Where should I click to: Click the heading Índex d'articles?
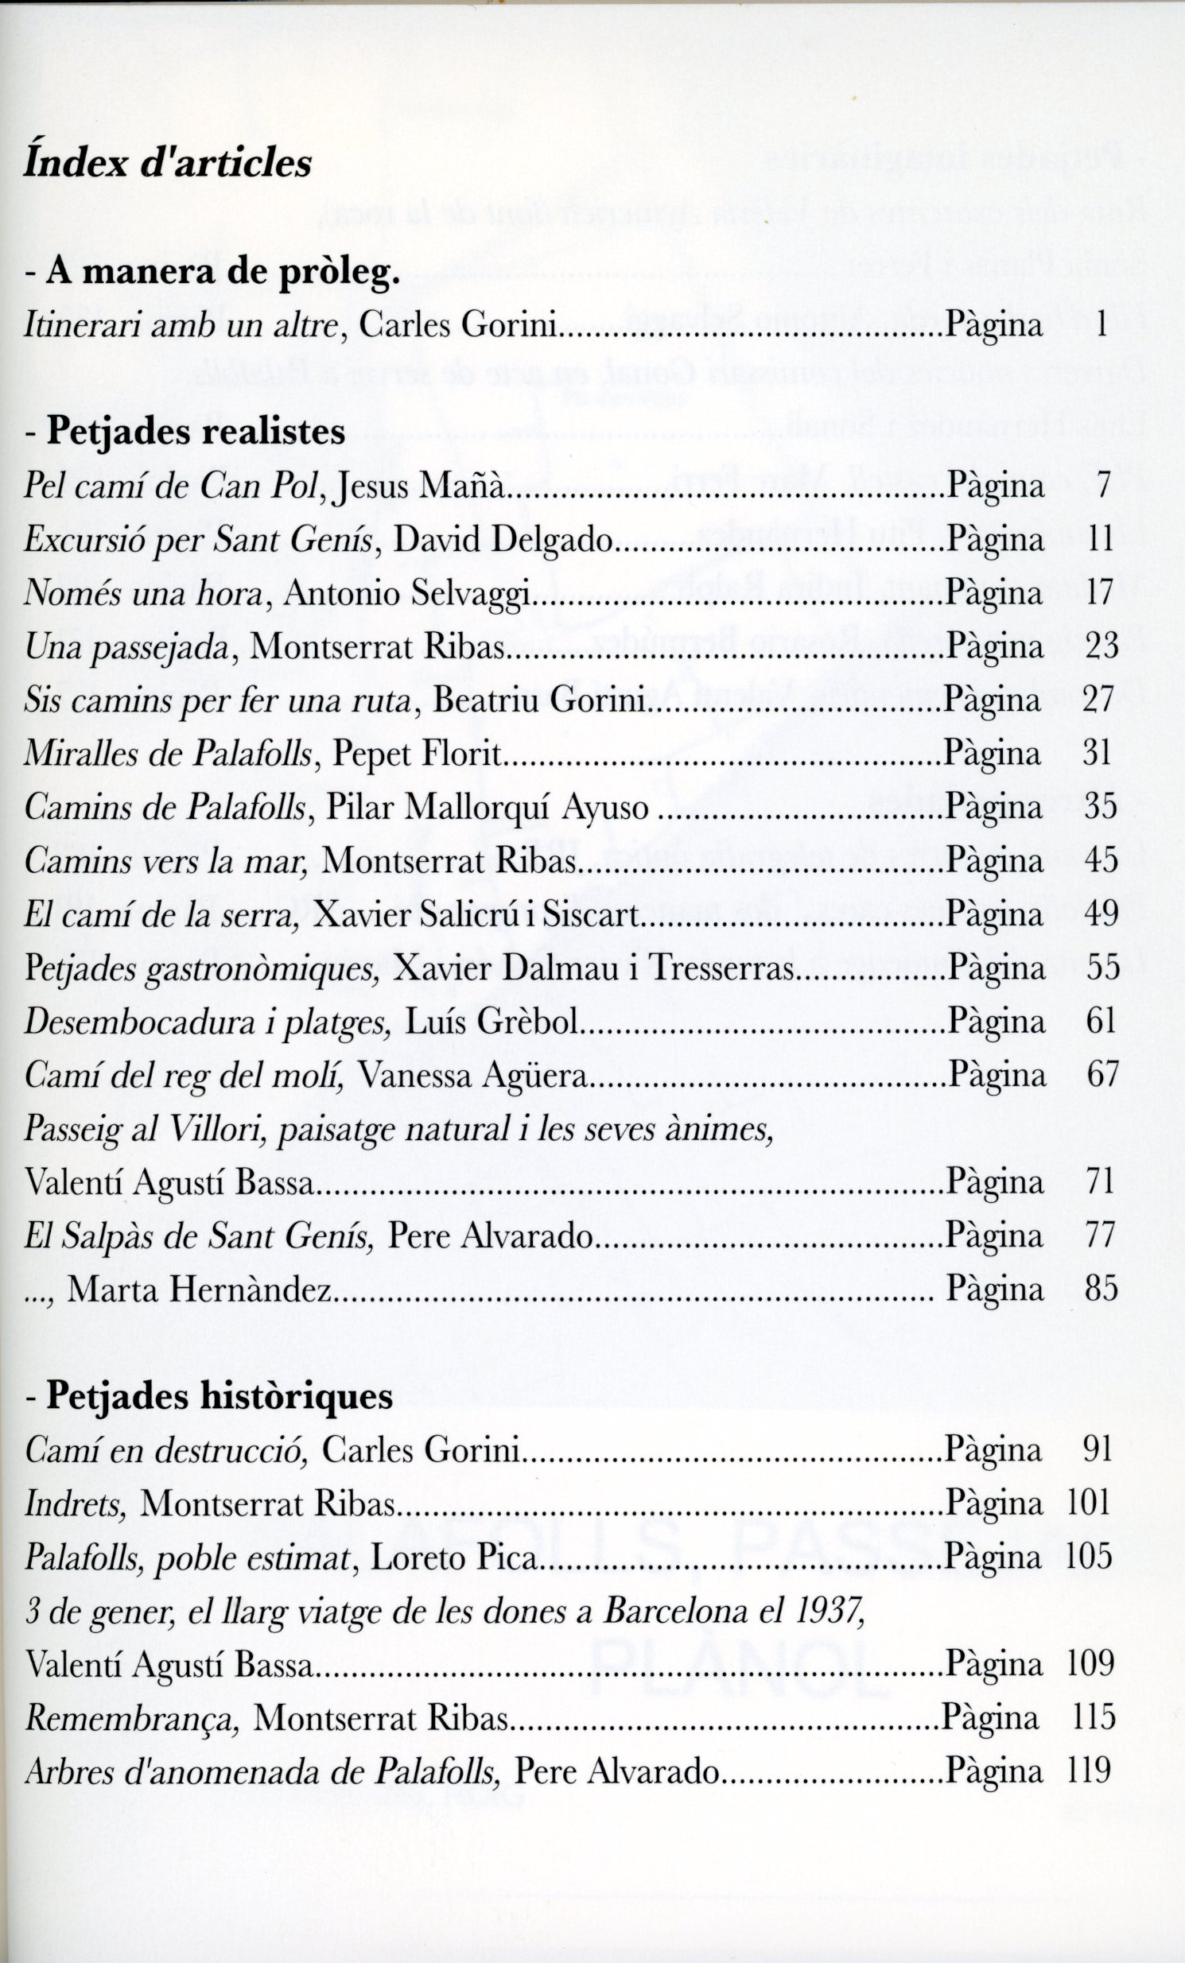[x=167, y=164]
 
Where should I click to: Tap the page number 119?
[x=1089, y=1771]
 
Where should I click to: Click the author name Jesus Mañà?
[x=422, y=487]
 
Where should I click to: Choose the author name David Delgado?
[x=501, y=540]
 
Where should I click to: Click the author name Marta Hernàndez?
[x=199, y=1289]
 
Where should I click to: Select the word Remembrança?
[x=131, y=1718]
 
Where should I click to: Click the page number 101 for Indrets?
[x=1089, y=1503]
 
